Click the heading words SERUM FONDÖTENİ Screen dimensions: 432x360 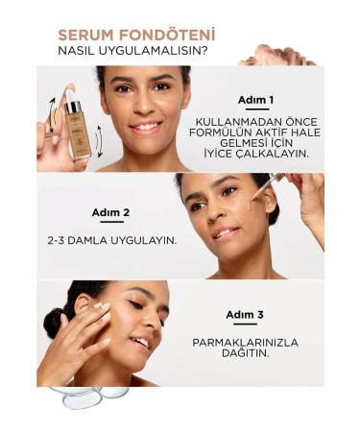[x=136, y=36]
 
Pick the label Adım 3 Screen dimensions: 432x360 [x=245, y=314]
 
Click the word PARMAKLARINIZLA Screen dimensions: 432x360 [x=244, y=341]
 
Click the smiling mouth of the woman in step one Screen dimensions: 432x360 [x=145, y=126]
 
